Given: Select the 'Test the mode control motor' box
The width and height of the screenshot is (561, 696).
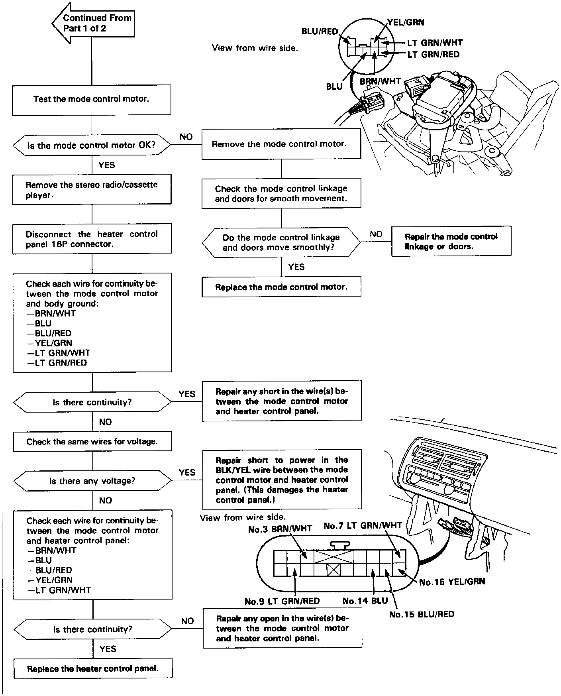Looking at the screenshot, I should coord(92,99).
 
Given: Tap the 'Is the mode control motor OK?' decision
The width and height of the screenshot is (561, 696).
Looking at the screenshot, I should coord(92,145).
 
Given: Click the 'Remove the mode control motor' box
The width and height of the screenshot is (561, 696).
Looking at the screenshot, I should coord(281,144).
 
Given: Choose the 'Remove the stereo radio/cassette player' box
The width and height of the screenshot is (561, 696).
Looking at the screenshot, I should coord(92,190).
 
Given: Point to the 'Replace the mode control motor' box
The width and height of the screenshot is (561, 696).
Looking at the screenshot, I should coord(281,287).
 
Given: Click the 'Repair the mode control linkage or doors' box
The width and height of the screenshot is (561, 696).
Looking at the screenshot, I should coord(451,241).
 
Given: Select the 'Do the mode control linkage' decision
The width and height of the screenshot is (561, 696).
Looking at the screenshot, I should coord(281,242).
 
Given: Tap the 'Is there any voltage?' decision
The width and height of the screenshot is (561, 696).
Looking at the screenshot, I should coord(92,481).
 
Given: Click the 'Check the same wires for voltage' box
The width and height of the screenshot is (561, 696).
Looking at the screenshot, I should coord(92,442).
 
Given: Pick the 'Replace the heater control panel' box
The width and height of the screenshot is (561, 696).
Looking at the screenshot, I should coord(93,668).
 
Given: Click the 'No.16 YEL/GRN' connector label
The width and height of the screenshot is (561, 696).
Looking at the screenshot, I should coord(452,582).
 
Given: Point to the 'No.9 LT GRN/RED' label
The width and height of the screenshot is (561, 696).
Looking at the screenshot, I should coord(282,601).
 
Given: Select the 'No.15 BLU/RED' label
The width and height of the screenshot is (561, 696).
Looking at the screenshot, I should coord(422,614).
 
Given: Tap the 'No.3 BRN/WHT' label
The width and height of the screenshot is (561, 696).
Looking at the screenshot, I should coord(280,529).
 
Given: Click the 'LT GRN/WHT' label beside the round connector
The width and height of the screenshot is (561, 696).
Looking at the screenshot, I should coord(435,43).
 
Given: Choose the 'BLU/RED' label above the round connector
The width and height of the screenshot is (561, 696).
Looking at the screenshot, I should coord(320,31).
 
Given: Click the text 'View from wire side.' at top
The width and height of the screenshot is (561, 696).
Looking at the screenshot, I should coord(255,48).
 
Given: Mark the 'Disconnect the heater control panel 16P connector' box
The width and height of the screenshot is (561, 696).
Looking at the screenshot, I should coord(92,239).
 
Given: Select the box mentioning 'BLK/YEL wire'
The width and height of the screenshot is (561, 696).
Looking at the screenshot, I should coord(282,480).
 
